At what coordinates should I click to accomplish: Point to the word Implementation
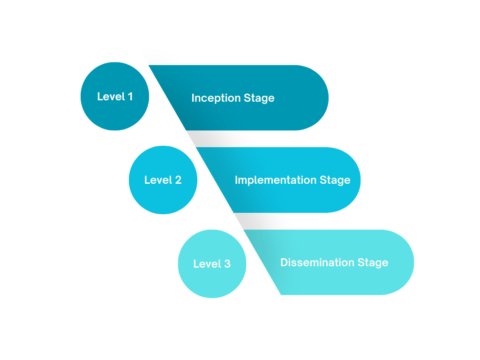pyautogui.click(x=276, y=180)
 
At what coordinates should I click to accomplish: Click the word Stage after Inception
pyautogui.click(x=259, y=98)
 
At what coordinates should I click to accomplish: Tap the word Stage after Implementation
pyautogui.click(x=335, y=180)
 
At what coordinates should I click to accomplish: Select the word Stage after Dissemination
pyautogui.click(x=373, y=262)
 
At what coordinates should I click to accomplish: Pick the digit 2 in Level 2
pyautogui.click(x=178, y=180)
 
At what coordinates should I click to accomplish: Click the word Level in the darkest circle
pyautogui.click(x=111, y=97)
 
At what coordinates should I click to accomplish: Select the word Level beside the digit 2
pyautogui.click(x=157, y=180)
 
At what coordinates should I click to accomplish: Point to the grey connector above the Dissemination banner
pyautogui.click(x=255, y=221)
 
